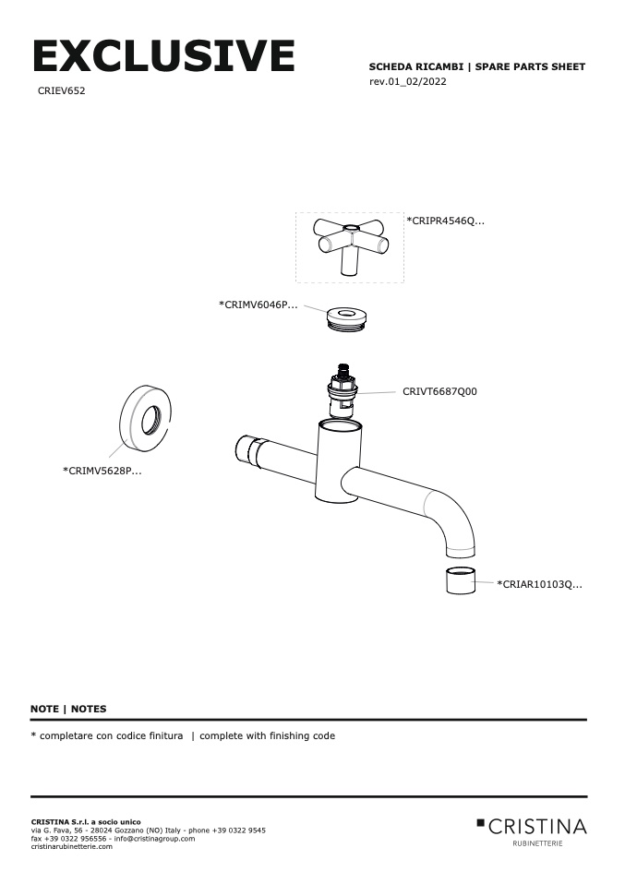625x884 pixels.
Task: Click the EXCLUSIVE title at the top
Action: pos(163,57)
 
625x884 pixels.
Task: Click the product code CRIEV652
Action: pos(62,91)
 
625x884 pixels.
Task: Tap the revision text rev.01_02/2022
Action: pos(408,82)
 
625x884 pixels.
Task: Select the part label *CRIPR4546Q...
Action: pos(445,221)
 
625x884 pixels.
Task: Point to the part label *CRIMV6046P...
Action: pos(258,305)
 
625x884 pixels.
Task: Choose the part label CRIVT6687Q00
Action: pos(439,391)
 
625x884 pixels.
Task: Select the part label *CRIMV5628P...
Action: pos(102,471)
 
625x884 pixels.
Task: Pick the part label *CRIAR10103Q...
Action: pos(539,584)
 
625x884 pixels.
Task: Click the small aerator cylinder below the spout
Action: pos(458,583)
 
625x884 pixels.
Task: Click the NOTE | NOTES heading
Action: pos(68,709)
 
